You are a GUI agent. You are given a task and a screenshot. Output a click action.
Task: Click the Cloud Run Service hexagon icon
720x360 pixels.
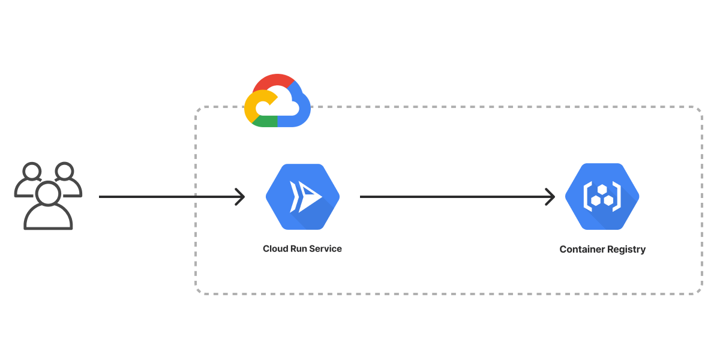303,197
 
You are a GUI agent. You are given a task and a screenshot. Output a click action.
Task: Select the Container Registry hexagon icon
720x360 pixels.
602,197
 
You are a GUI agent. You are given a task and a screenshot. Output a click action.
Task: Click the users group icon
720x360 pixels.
48,196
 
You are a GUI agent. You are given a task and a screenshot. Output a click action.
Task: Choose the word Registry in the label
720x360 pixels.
626,250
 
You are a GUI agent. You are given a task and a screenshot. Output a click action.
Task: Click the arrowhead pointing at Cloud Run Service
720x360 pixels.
241,197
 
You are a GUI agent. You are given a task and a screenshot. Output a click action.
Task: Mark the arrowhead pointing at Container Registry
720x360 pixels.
550,197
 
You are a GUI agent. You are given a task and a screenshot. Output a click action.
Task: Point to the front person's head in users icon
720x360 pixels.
48,193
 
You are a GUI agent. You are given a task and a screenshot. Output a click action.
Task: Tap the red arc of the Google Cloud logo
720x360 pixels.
274,80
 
